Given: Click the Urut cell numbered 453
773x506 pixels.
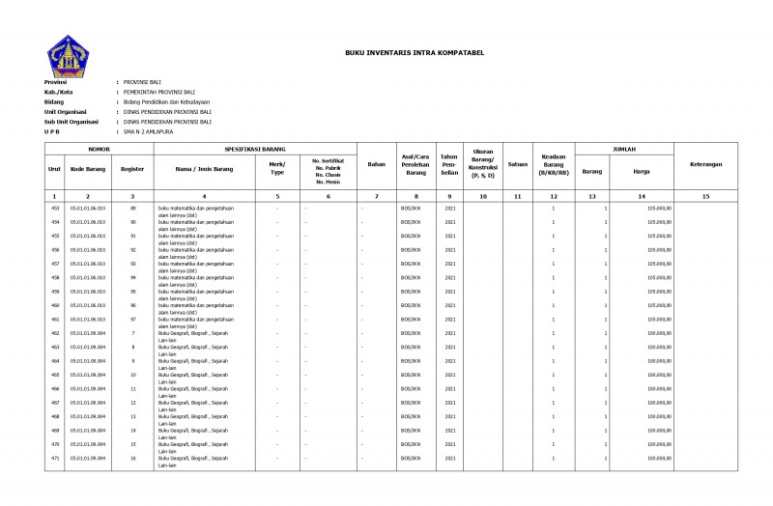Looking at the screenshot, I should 55,208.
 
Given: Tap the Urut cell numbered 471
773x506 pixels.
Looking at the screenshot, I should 55,458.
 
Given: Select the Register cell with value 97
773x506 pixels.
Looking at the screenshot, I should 132,319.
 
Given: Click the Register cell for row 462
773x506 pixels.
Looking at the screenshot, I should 132,333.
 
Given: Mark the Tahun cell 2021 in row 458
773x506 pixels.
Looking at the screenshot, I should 449,277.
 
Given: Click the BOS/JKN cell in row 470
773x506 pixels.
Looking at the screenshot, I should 412,444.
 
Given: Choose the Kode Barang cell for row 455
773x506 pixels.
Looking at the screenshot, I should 88,236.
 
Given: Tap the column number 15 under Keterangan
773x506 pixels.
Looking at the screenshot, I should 705,196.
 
